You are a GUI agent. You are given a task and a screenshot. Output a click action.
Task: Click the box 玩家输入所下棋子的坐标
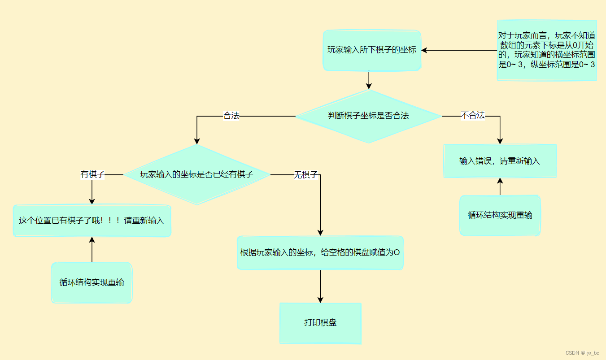pos(371,50)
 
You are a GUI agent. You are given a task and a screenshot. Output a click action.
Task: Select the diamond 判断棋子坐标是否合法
pos(368,116)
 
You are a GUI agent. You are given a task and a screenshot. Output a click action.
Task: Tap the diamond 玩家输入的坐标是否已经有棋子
pos(196,174)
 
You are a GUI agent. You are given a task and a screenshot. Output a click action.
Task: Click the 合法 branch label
pos(231,116)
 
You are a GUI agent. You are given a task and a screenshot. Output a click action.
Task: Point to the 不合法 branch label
pos(473,116)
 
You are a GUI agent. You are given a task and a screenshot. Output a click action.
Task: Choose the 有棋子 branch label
pos(92,174)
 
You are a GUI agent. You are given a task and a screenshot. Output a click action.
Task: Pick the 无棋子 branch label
pos(306,175)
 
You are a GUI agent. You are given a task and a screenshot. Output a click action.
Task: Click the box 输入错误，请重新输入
pos(500,161)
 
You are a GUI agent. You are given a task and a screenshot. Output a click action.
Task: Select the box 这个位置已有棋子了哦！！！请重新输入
pos(92,221)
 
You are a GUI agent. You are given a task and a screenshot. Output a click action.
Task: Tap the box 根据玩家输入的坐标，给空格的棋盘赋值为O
pos(320,252)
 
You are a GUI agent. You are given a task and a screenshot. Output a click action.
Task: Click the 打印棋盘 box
pos(320,323)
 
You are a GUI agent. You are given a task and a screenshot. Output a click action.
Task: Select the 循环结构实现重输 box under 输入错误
pos(500,215)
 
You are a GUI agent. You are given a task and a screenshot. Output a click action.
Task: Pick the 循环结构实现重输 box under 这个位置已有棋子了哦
pos(92,282)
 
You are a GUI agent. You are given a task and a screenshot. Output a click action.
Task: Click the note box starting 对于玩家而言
pos(547,50)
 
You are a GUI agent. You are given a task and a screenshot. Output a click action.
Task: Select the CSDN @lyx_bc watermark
pos(582,353)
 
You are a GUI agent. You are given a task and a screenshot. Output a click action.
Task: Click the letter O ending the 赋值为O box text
pos(397,253)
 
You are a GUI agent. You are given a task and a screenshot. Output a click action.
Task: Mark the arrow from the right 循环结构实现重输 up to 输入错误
pos(500,187)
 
